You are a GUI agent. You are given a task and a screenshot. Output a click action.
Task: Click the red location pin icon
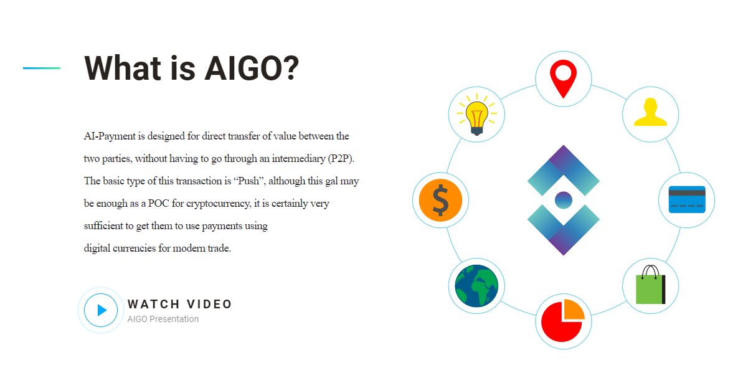pyautogui.click(x=564, y=78)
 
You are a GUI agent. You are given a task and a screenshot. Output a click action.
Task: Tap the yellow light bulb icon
pyautogui.click(x=476, y=115)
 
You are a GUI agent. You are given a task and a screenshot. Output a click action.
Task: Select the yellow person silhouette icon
pyautogui.click(x=650, y=112)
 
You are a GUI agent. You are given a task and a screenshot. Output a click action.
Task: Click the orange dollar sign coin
pyautogui.click(x=441, y=201)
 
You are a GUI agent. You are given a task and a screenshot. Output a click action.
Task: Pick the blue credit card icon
pyautogui.click(x=687, y=199)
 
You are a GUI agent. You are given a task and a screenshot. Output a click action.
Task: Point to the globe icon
pyautogui.click(x=476, y=287)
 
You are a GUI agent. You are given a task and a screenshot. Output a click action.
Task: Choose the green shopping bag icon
pyautogui.click(x=651, y=285)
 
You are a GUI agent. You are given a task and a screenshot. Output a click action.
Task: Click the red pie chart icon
pyautogui.click(x=563, y=320)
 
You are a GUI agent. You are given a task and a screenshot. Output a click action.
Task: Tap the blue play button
pyautogui.click(x=101, y=310)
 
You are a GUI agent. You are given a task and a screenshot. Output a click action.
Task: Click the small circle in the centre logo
pyautogui.click(x=564, y=200)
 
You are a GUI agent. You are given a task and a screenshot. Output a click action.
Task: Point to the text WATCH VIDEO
pyautogui.click(x=179, y=305)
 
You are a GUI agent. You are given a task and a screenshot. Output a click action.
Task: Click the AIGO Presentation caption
pyautogui.click(x=163, y=319)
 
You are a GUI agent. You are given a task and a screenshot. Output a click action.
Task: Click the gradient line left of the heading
pyautogui.click(x=42, y=69)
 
